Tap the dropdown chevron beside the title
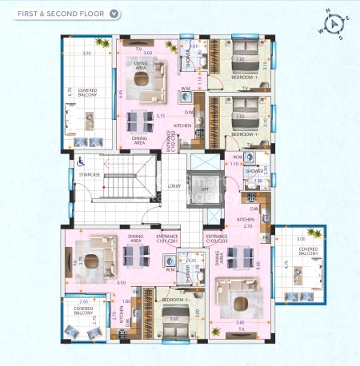tap(115, 14)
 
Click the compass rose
tap(334, 23)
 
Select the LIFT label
tap(205, 189)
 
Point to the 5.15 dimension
tap(160, 116)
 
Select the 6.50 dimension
tap(121, 283)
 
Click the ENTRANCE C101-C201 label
tap(167, 238)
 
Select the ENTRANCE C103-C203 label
tap(216, 238)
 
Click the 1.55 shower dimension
tap(191, 261)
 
